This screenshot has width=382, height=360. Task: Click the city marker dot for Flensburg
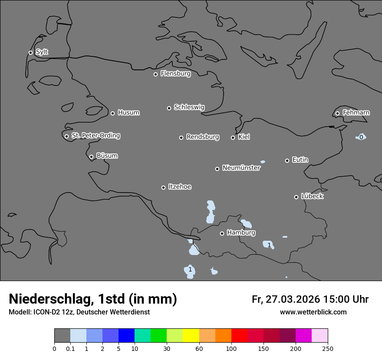tap(155, 74)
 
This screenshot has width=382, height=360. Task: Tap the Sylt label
tap(42, 52)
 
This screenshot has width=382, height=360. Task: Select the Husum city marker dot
tap(112, 113)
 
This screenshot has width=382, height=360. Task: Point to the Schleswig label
tap(189, 107)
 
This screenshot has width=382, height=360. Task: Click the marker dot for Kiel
tap(233, 137)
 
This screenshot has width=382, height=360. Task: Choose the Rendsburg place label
tap(203, 137)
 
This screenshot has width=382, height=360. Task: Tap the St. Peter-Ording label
tap(95, 135)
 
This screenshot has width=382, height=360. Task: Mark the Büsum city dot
tap(91, 157)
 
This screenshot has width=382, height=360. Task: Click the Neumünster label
tap(241, 168)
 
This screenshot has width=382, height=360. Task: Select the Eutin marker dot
tap(287, 160)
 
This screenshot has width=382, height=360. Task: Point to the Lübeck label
tap(312, 196)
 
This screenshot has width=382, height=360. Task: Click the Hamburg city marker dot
tap(222, 233)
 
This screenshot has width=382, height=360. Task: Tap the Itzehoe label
tap(180, 187)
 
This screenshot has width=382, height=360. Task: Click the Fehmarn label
tap(356, 113)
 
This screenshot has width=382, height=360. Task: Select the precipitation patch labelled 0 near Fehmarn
tap(361, 137)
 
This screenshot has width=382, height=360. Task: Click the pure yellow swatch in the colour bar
tap(191, 336)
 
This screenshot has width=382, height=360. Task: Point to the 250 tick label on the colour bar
tap(328, 348)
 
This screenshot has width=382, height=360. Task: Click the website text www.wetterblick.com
tap(313, 312)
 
